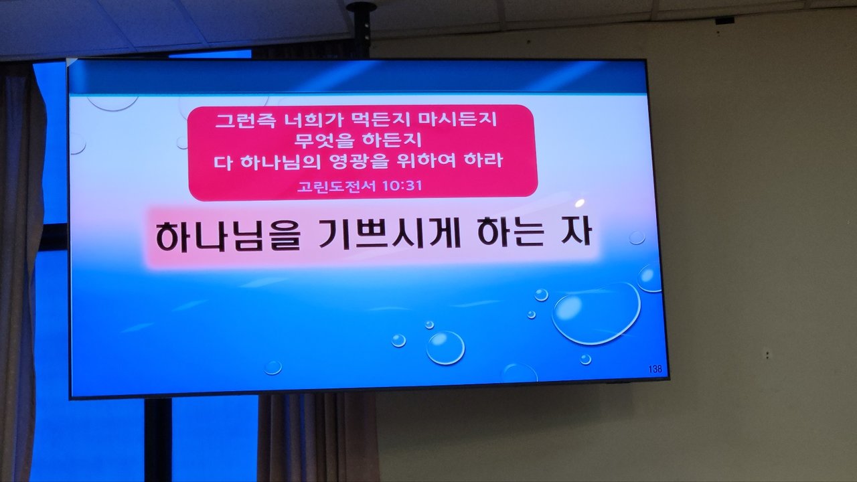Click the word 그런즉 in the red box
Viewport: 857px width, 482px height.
coord(246,120)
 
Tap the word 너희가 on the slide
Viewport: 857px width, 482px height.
coord(313,120)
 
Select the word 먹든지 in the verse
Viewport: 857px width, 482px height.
coord(380,120)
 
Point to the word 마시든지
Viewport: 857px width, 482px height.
coord(457,120)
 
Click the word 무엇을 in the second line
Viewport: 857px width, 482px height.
coord(324,141)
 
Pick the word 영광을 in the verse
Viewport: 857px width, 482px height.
coord(358,161)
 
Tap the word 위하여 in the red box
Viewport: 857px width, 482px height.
coord(426,161)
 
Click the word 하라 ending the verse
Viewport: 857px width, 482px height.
coord(483,161)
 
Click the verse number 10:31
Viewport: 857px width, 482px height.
coord(402,186)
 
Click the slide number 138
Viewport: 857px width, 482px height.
coord(655,369)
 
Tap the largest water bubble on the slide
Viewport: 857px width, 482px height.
coord(596,314)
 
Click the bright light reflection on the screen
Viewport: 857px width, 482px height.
coord(580,203)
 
